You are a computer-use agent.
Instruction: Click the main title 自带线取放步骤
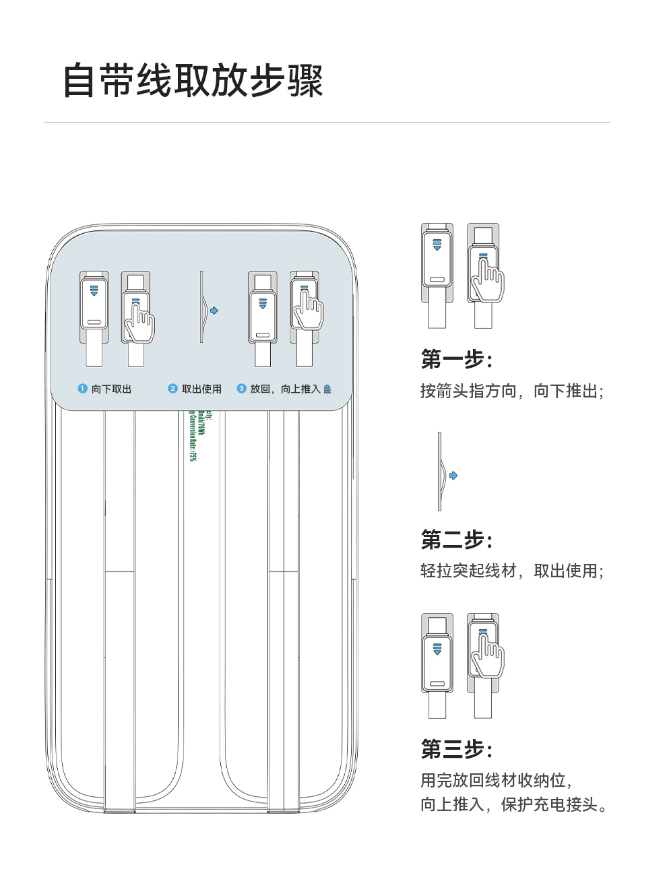click(x=193, y=82)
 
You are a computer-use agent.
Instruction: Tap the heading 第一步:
click(x=457, y=359)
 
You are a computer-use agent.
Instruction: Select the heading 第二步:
click(x=457, y=539)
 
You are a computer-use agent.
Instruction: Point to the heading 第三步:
click(x=457, y=748)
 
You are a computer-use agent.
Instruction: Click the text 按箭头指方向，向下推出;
click(x=511, y=391)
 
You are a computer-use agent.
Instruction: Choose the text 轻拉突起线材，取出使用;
click(x=511, y=571)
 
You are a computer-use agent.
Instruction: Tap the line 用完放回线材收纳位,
click(x=496, y=780)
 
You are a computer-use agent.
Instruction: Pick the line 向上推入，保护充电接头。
click(x=513, y=804)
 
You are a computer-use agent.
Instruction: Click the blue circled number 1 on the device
click(x=83, y=389)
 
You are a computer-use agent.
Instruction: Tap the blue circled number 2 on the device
click(x=172, y=389)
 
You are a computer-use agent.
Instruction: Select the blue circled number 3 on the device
click(x=241, y=389)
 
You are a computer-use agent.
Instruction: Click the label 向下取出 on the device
click(x=112, y=389)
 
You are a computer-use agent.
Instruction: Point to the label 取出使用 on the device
click(x=201, y=389)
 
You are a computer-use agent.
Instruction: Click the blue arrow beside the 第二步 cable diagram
click(x=453, y=476)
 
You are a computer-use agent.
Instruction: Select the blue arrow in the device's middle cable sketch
click(x=214, y=311)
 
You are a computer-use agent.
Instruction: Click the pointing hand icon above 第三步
click(x=487, y=655)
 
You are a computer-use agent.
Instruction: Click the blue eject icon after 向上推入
click(x=327, y=389)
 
